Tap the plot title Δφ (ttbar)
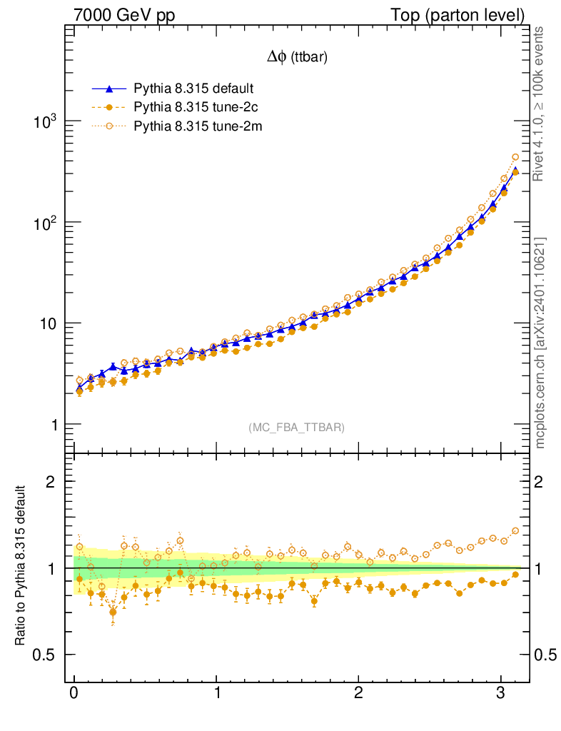[297, 59]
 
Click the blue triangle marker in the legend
[108, 89]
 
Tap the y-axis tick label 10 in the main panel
[46, 323]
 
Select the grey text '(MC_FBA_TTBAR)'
[297, 428]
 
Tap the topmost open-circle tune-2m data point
[515, 157]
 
